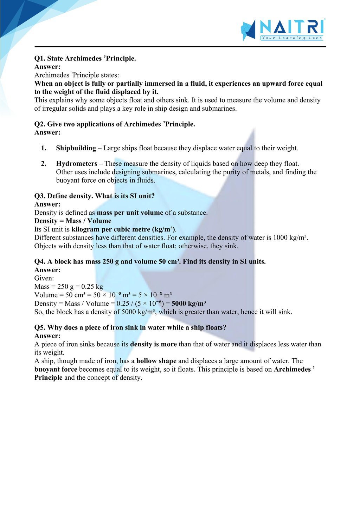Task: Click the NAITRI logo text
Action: click(291, 27)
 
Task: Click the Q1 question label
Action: click(40, 58)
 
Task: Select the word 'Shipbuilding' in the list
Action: click(76, 148)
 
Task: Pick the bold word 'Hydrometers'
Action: click(76, 164)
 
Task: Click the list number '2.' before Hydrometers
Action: click(44, 164)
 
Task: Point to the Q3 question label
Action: click(40, 196)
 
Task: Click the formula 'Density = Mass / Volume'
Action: click(73, 221)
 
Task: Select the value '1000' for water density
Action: click(280, 238)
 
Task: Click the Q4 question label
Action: click(40, 262)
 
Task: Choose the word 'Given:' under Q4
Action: click(44, 278)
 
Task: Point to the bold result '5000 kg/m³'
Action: click(188, 304)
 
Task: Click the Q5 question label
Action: click(40, 328)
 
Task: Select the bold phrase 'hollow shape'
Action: click(156, 361)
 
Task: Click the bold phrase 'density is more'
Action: click(153, 344)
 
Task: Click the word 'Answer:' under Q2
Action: click(47, 133)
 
